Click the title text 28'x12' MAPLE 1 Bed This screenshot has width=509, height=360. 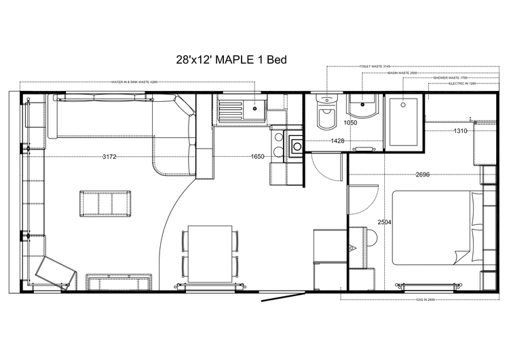click(x=230, y=60)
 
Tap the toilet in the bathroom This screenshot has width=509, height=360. click(x=326, y=120)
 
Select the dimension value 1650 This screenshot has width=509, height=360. click(x=257, y=157)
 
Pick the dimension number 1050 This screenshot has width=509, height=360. click(x=350, y=123)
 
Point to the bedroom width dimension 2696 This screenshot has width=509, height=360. click(x=423, y=175)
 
